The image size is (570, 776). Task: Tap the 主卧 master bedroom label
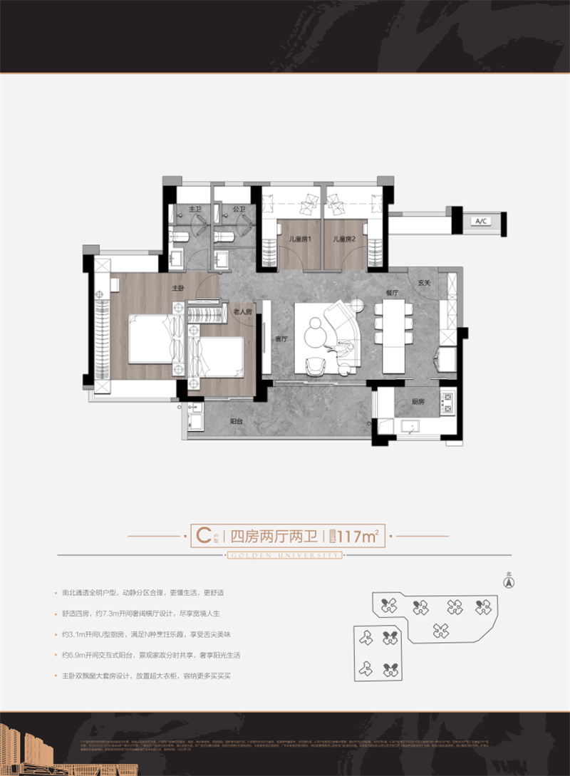(x=178, y=289)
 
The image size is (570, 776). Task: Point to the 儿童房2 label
(x=344, y=239)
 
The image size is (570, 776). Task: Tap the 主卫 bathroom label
(x=195, y=209)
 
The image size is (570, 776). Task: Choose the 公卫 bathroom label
(x=239, y=209)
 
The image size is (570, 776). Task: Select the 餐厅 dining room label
(x=390, y=292)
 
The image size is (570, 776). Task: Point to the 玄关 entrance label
(x=425, y=283)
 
